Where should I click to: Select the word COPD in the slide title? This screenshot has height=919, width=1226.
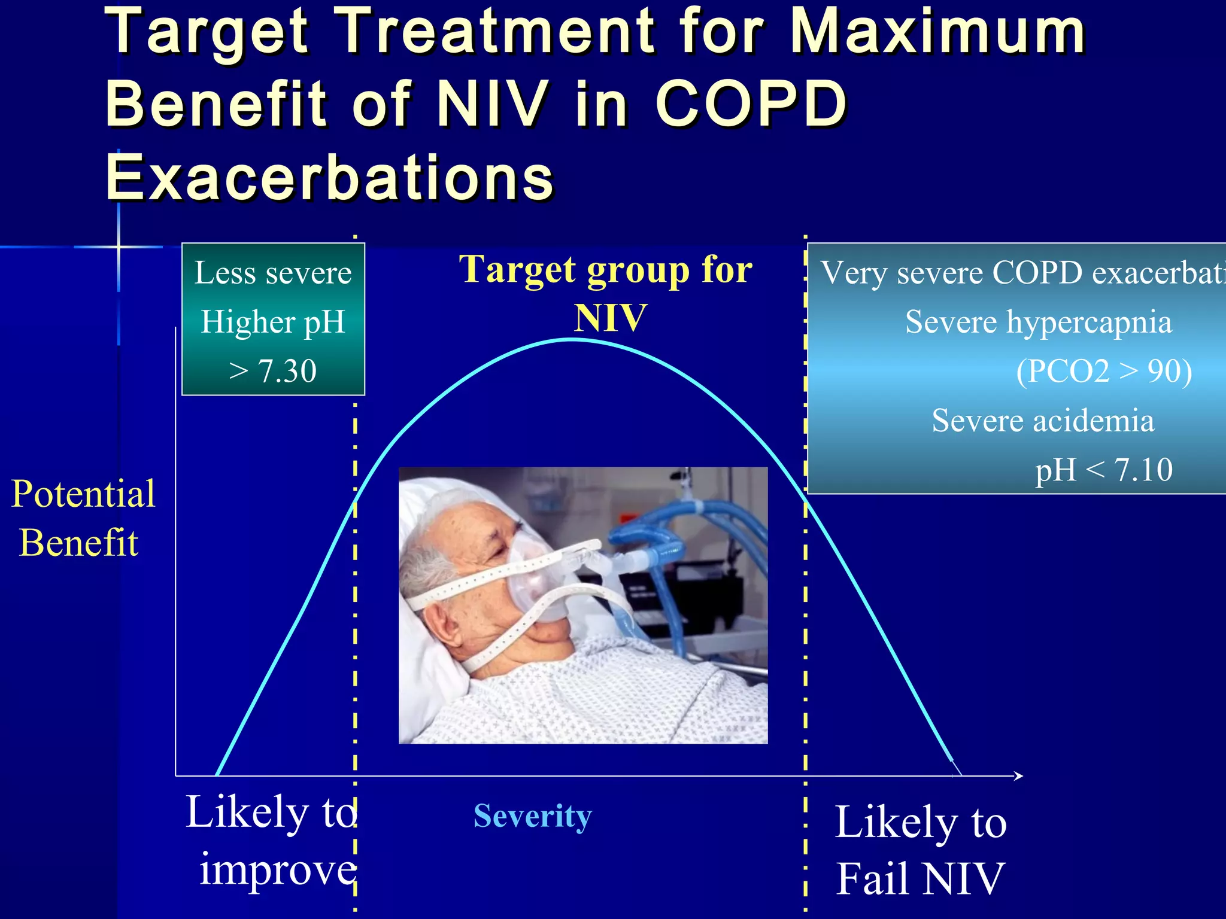751,105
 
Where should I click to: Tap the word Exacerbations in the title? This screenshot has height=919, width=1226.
329,178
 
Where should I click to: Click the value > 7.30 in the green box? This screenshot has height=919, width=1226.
273,371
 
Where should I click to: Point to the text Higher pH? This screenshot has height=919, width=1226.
273,322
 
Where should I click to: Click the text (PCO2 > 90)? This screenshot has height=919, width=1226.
1103,371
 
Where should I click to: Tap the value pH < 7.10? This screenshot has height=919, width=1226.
1103,470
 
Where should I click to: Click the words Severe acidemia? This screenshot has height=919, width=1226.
1042,421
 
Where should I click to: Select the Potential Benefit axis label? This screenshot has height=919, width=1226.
83,518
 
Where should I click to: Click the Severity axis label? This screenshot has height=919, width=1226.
532,815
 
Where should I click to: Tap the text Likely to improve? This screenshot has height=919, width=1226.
272,841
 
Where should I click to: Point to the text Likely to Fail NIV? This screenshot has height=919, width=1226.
921,850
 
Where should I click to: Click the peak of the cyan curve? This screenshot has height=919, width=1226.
572,340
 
